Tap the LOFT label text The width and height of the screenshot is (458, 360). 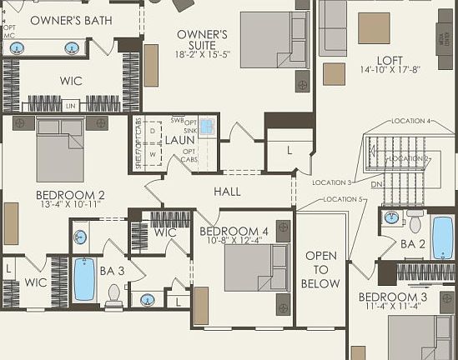389,60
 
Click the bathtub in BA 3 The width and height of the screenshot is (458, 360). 84,279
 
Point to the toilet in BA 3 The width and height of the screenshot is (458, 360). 114,292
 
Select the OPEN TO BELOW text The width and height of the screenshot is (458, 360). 321,269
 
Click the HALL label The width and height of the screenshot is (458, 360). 227,192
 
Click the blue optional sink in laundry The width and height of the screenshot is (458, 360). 207,127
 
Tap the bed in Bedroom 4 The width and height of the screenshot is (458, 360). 246,267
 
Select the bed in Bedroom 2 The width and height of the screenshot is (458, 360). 60,150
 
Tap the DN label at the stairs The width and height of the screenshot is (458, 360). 376,185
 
